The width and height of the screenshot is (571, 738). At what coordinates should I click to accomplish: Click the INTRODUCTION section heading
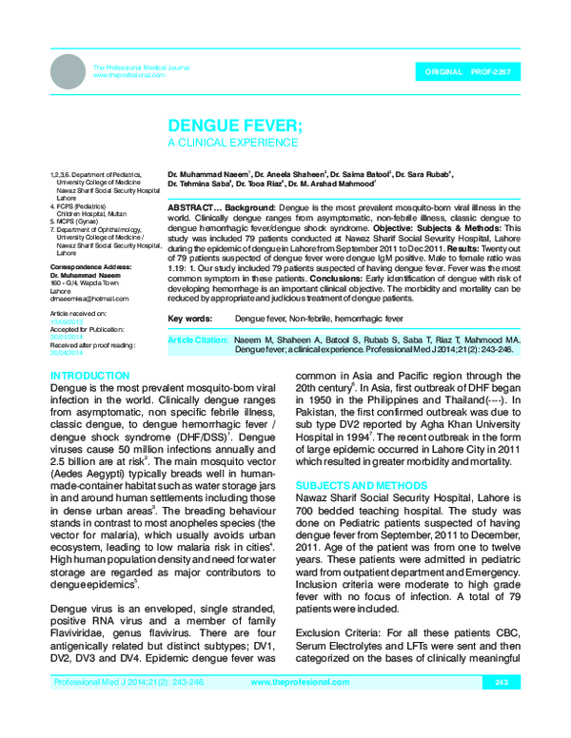tap(89, 377)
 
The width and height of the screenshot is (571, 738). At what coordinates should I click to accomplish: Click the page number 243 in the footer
tap(502, 709)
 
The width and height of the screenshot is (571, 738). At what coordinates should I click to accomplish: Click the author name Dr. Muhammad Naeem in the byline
tap(207, 176)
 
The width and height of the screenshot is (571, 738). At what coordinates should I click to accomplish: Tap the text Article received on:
tap(79, 312)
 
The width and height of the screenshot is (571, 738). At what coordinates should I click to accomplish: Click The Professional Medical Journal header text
tap(141, 68)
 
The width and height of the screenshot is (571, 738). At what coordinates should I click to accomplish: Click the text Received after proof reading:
tap(92, 344)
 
